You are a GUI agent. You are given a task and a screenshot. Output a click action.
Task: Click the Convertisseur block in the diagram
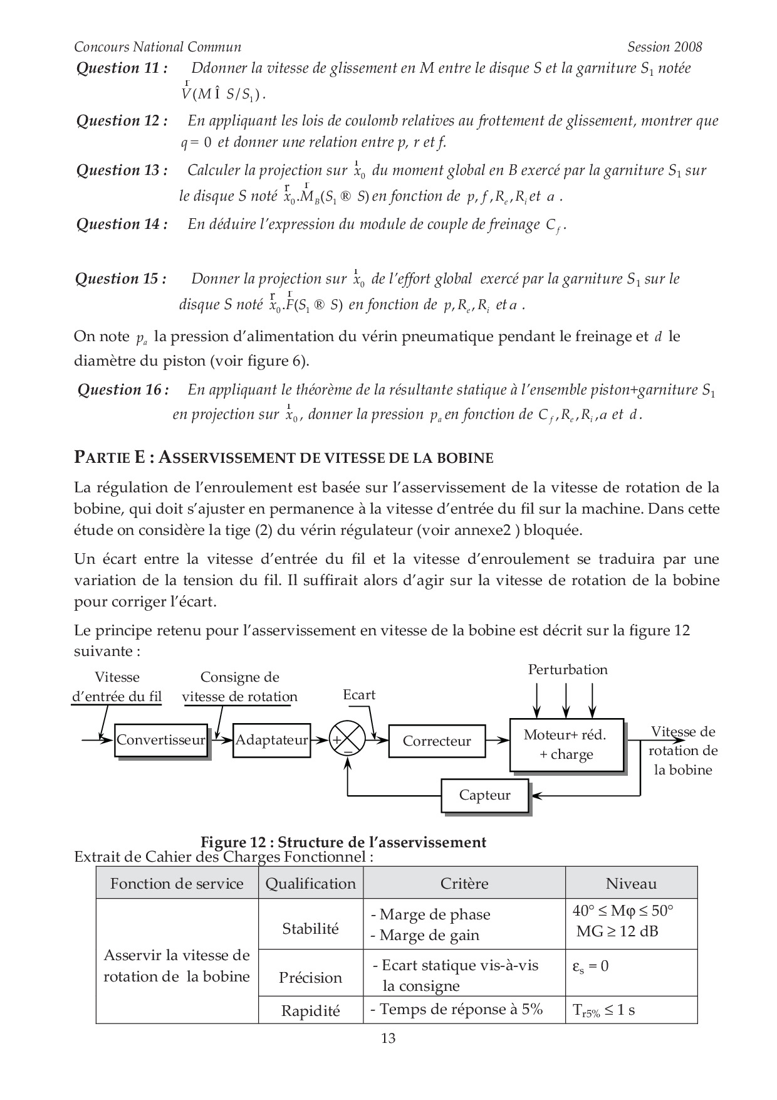pos(161,740)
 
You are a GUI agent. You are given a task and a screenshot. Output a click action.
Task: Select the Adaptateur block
pos(271,740)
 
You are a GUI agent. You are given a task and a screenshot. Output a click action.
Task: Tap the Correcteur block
pos(437,741)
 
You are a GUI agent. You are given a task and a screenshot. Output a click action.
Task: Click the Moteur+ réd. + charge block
pos(566,744)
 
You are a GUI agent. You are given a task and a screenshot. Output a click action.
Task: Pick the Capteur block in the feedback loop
pos(484,795)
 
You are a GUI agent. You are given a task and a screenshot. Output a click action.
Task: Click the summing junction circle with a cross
pos(347,739)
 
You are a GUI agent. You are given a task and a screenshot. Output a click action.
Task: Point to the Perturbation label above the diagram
pos(567,670)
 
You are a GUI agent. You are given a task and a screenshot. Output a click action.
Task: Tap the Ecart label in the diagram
pos(359,695)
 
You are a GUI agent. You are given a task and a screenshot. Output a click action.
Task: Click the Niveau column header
pos(631,884)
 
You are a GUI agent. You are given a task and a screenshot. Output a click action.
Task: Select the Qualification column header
pos(310,884)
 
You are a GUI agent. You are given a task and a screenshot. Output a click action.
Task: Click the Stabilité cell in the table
pos(310,929)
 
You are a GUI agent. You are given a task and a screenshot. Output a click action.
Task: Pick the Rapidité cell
pos(310,1011)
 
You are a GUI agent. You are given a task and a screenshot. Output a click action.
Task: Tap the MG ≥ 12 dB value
pos(617,931)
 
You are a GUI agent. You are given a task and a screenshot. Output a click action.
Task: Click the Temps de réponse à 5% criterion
pos(457,1009)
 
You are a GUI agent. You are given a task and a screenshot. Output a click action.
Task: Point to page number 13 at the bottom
pos(388,1039)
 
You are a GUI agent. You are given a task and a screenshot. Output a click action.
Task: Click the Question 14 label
pos(122,225)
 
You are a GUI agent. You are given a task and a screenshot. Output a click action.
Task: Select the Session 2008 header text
pos(664,47)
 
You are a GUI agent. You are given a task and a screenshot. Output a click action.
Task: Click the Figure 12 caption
pos(343,842)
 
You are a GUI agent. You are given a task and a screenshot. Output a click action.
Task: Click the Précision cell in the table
pos(310,978)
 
